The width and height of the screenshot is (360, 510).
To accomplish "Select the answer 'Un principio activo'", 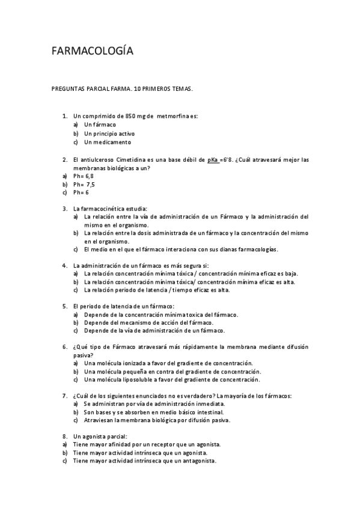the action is coord(109,134).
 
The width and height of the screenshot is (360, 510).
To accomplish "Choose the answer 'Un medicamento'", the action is coord(107,143).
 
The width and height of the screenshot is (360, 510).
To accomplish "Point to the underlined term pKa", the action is coord(213,160).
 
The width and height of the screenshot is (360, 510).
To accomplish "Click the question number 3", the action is coord(65,208).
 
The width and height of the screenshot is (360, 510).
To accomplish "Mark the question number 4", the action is coord(65,265).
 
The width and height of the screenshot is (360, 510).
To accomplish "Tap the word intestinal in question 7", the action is coord(206,412).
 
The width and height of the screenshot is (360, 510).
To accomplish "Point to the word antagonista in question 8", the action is coord(197,461).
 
